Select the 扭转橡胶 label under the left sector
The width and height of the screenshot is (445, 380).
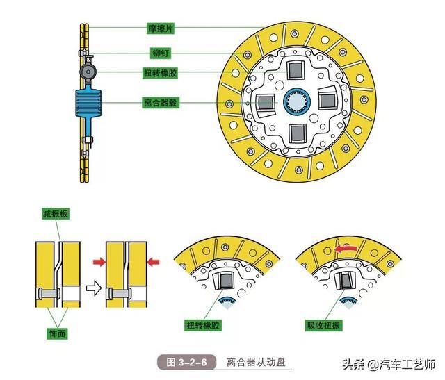(x=203, y=325)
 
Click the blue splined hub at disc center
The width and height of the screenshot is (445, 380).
(x=298, y=101)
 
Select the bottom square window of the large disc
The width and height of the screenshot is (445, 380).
(x=298, y=131)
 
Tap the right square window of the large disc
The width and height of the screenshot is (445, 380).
(x=328, y=101)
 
